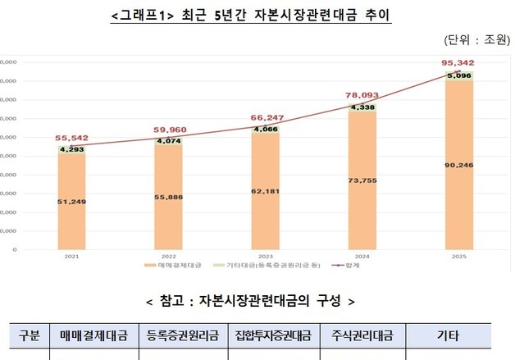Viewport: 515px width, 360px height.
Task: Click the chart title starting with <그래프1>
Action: point(250,16)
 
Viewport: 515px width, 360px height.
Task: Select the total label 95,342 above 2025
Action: point(457,63)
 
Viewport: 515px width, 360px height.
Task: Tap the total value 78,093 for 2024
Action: point(362,94)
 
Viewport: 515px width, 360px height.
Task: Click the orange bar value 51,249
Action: point(71,200)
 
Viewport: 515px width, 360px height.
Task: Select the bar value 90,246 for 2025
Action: point(459,165)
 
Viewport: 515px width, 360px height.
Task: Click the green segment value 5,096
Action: point(459,76)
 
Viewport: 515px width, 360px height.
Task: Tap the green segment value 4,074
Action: point(168,140)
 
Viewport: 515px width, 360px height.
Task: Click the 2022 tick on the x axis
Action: point(168,256)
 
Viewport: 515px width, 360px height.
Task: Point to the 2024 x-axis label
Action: point(362,256)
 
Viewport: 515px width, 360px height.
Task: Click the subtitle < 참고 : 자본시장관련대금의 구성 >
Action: point(250,301)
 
